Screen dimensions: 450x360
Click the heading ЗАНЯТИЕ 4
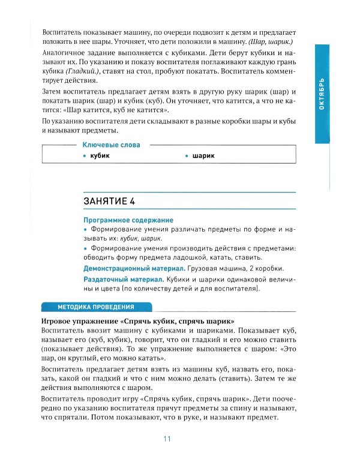(x=118, y=200)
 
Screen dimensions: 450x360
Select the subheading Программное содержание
(x=128, y=220)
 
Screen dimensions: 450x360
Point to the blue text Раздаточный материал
(x=124, y=280)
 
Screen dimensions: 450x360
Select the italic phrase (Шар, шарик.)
(x=276, y=41)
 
